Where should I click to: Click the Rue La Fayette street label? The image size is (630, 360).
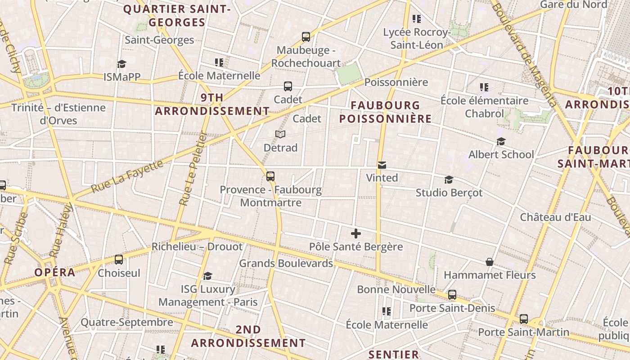128,176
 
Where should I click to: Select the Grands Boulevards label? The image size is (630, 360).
286,263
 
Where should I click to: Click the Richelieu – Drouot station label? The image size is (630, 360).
197,247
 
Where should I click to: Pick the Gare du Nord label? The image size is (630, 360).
573,4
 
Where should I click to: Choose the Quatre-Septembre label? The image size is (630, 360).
126,322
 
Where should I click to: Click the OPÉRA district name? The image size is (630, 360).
55,272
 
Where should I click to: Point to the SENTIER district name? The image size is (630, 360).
394,355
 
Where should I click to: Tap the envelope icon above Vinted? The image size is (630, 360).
382,165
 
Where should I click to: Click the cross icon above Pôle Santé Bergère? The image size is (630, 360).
356,234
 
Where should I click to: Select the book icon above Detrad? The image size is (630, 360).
280,135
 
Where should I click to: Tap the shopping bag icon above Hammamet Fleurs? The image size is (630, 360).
490,262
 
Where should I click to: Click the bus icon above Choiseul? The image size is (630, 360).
119,260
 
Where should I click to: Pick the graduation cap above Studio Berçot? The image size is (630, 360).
449,180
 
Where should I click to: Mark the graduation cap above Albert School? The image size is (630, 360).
501,142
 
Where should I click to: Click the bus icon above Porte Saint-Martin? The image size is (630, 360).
523,319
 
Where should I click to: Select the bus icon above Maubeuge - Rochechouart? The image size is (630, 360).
306,37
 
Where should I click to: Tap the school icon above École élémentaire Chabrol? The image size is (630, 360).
484,87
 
